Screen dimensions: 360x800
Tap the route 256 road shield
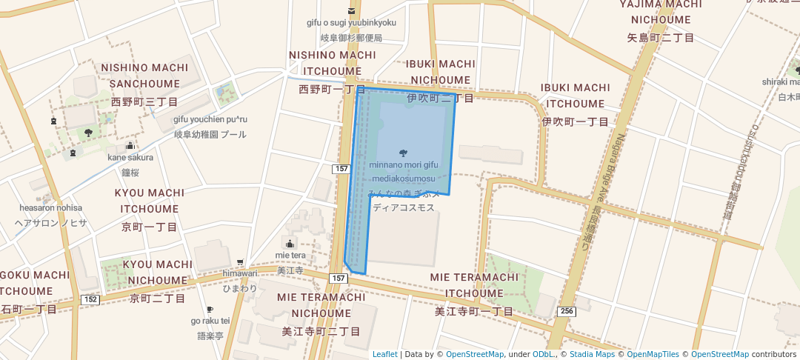(567, 312)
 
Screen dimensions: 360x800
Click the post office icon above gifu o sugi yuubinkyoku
(352, 10)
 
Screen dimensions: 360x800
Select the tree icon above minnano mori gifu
(402, 153)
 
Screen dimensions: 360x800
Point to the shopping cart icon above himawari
(240, 262)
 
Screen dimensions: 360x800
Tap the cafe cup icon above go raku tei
(210, 310)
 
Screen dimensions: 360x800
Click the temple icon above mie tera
(290, 244)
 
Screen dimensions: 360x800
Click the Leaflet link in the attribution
(384, 354)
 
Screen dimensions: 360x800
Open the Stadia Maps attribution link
(592, 354)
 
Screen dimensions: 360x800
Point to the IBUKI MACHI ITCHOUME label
(575, 96)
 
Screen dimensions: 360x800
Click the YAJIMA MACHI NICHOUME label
(660, 13)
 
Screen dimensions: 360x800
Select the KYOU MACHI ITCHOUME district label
(150, 201)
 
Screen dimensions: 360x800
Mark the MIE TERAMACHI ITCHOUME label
(474, 285)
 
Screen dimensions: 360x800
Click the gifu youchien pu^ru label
(210, 119)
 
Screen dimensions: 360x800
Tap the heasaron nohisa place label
(51, 208)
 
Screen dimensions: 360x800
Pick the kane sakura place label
(130, 157)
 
